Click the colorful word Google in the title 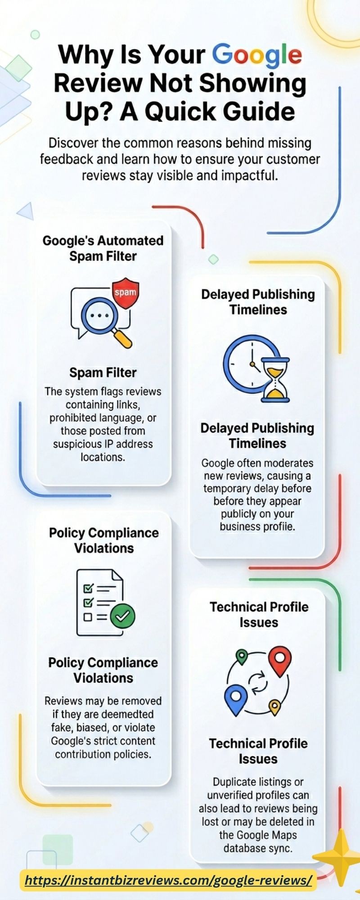coord(257,55)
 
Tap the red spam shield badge coord(125,293)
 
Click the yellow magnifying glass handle coord(122,338)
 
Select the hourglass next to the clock coord(274,379)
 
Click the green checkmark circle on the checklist coord(123,616)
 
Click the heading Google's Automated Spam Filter coord(103,248)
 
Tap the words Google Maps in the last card coord(258,835)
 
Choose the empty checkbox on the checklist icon coord(88,617)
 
